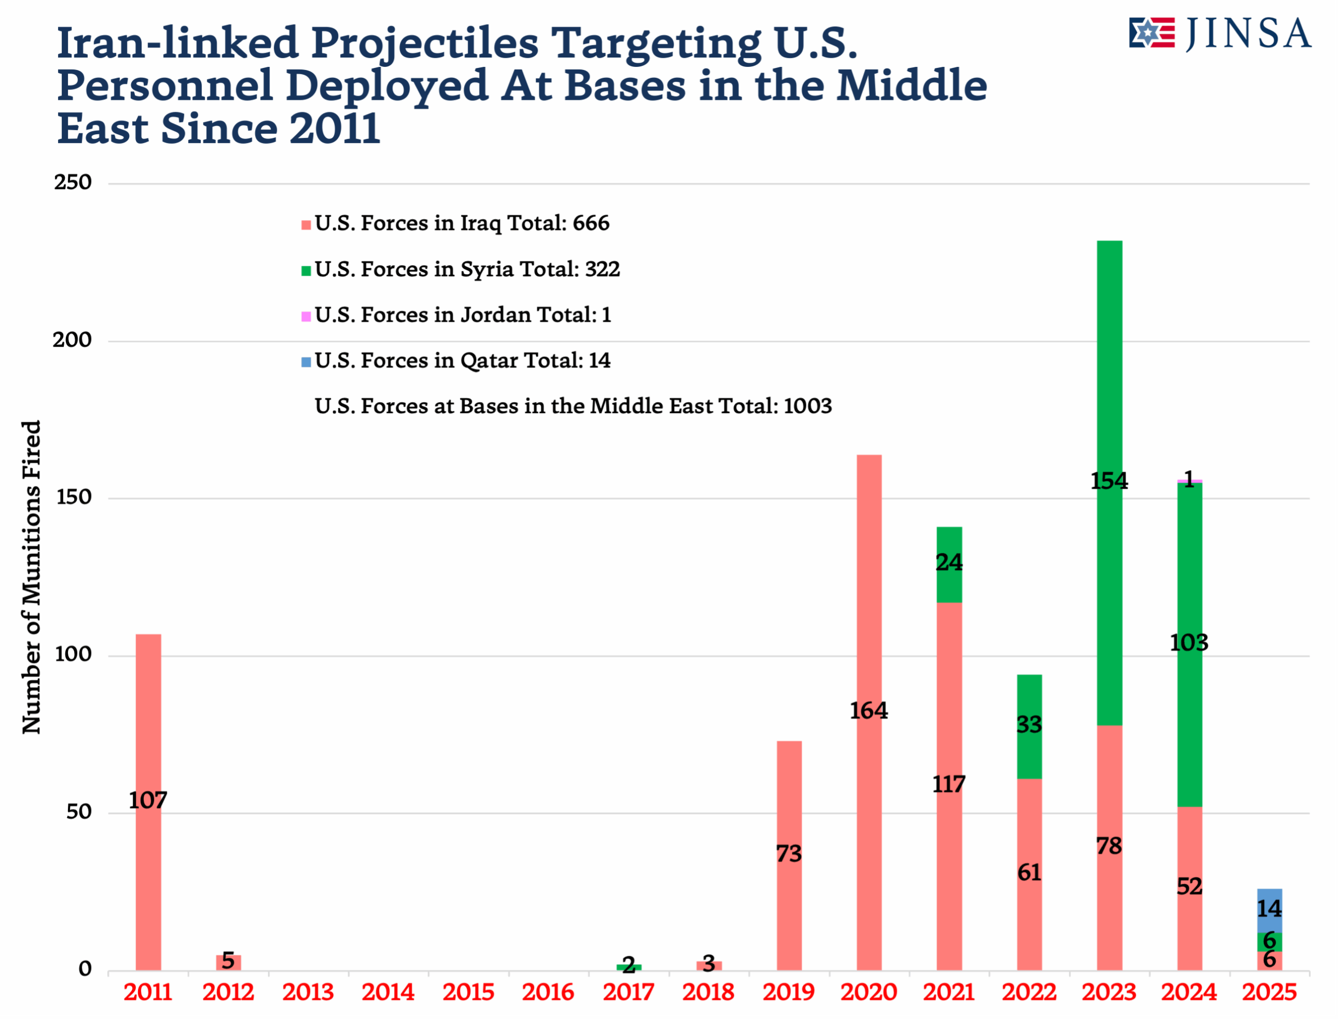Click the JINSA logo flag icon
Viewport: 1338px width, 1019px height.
1151,33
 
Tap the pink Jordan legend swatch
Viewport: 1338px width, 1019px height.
306,316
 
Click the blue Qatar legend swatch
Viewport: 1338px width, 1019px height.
306,362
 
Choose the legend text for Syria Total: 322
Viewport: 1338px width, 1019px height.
467,270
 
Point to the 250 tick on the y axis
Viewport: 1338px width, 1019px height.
73,183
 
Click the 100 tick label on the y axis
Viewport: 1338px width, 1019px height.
73,654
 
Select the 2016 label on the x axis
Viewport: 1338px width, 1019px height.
548,993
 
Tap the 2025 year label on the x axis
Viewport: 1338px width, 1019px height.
1269,993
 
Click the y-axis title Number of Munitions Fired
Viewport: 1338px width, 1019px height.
31,576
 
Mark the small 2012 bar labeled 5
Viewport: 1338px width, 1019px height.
228,963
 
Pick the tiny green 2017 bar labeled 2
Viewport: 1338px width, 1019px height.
629,967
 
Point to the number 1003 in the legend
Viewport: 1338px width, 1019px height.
807,406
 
